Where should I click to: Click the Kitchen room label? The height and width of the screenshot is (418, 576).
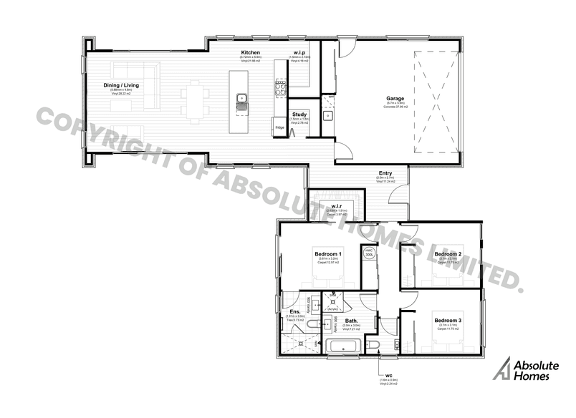point(250,53)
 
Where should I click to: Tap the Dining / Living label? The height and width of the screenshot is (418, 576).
point(121,86)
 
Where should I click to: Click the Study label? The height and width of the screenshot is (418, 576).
point(299,115)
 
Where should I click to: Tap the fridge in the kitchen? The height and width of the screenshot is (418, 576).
point(278,128)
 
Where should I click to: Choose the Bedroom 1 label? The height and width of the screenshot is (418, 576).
point(329,254)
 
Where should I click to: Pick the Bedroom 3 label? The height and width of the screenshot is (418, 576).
point(448,321)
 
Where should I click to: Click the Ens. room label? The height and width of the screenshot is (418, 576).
point(295,311)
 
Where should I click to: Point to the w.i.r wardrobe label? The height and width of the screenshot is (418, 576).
point(335,206)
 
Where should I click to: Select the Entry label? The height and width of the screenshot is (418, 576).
point(385,172)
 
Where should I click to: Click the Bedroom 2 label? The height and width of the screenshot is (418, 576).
point(448,254)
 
